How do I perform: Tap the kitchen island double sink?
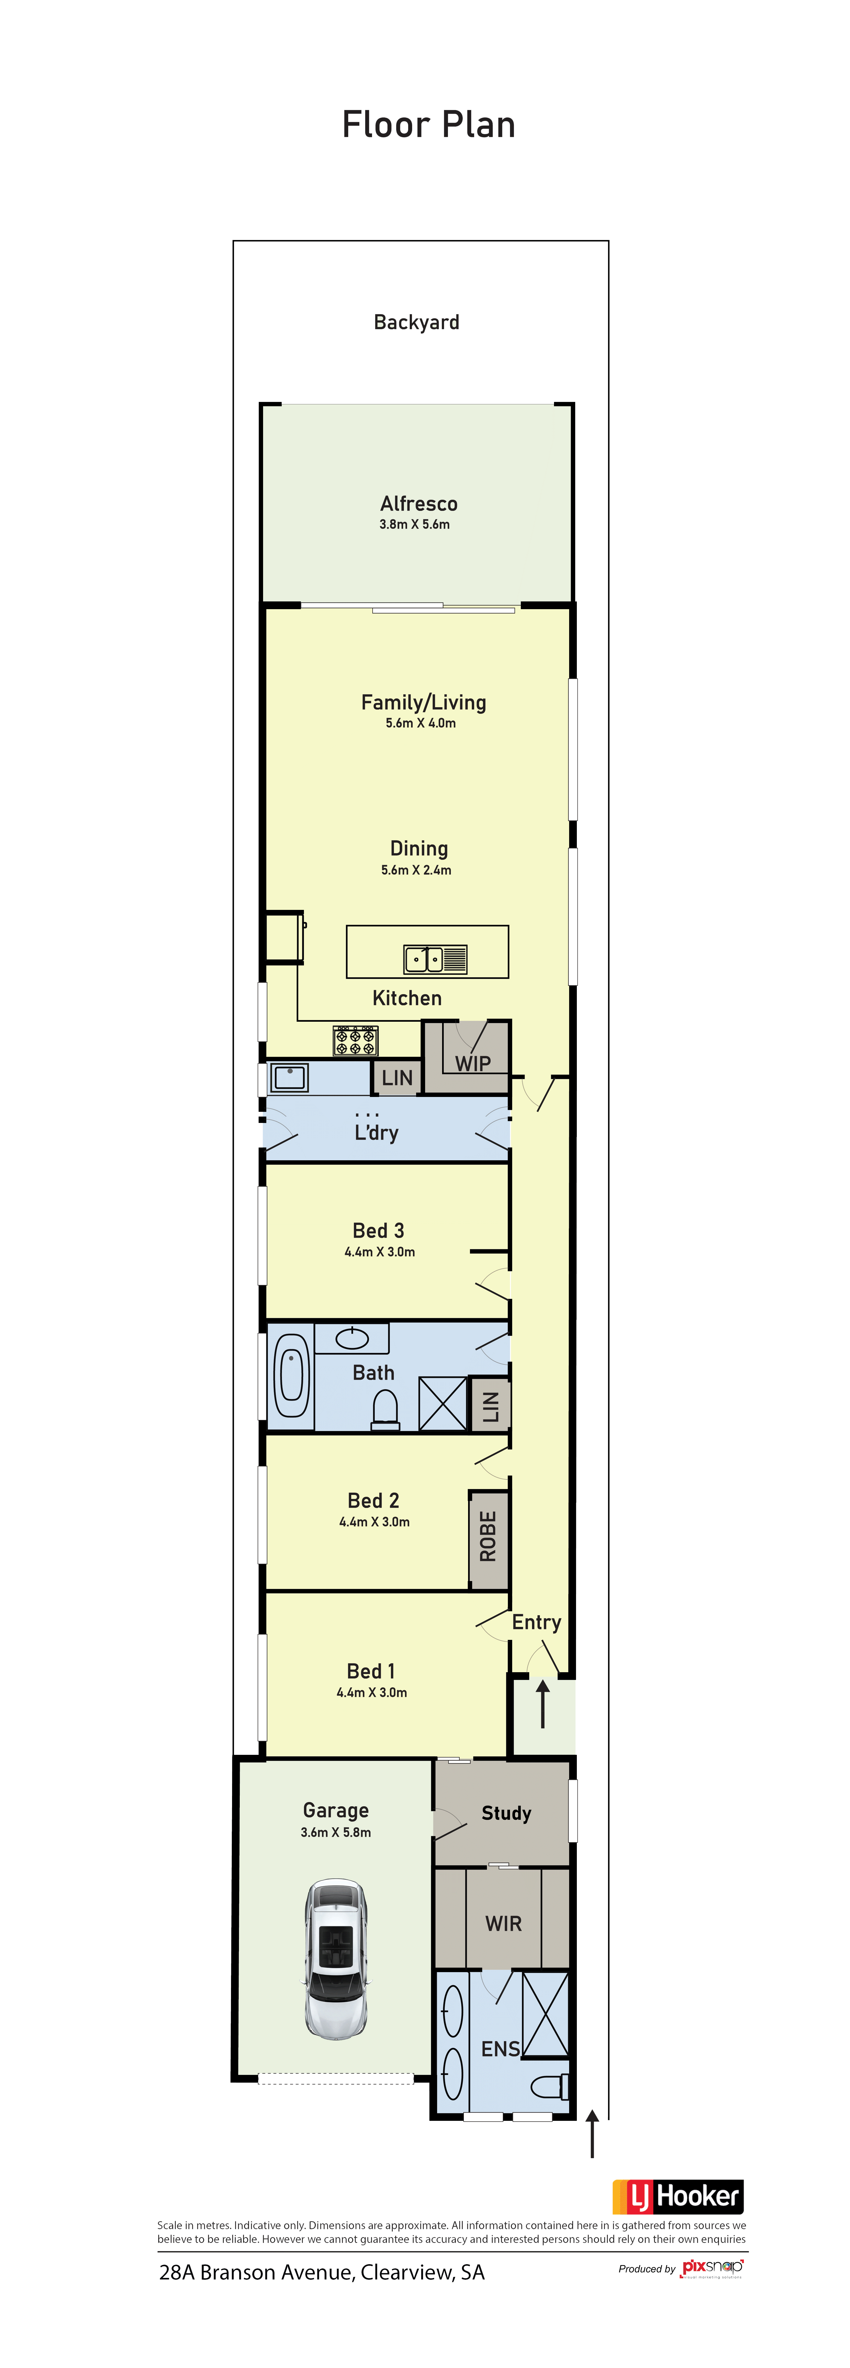pyautogui.click(x=436, y=959)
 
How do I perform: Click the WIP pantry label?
pyautogui.click(x=473, y=1064)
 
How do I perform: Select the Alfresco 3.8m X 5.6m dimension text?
pyautogui.click(x=415, y=524)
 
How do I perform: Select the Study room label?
pyautogui.click(x=506, y=1813)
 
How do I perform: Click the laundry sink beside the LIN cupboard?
pyautogui.click(x=290, y=1077)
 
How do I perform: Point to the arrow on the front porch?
pyautogui.click(x=543, y=1702)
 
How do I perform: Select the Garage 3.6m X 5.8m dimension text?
pyautogui.click(x=336, y=1832)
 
